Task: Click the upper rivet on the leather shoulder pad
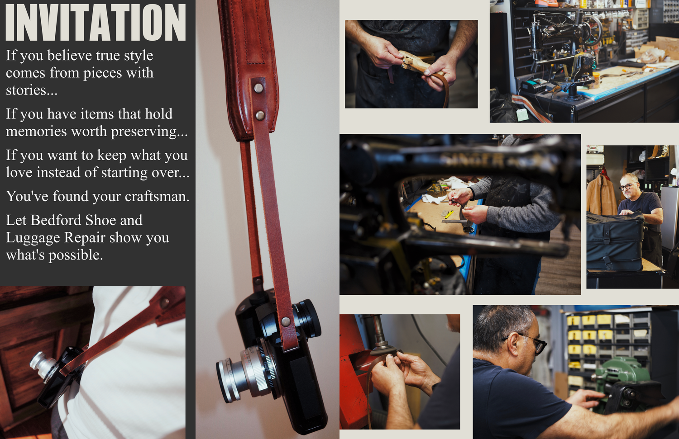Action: click(258, 88)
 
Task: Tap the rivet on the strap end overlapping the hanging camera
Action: click(285, 321)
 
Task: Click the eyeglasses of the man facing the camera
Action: click(626, 187)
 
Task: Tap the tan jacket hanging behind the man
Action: click(601, 195)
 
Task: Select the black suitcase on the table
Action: click(615, 241)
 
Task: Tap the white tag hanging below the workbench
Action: click(522, 115)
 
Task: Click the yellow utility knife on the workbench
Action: click(449, 214)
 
